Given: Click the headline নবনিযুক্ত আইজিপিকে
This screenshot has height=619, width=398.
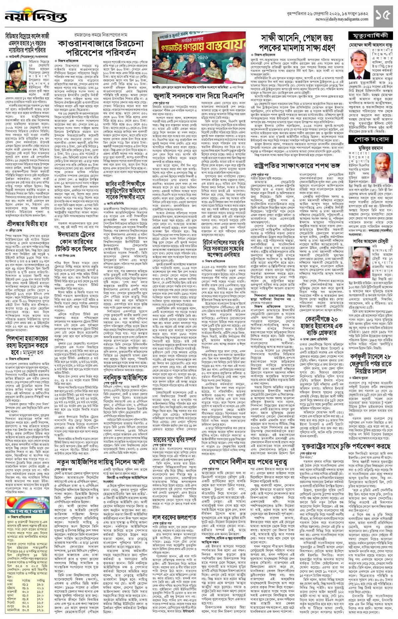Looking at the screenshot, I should point(125,378).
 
